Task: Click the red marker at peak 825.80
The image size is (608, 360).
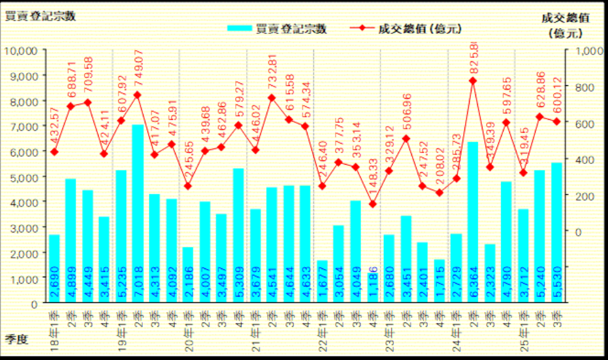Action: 473,81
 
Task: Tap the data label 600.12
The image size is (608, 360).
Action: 556,96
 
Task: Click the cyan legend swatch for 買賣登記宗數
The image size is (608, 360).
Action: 239,29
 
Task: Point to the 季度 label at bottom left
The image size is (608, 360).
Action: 17,339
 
